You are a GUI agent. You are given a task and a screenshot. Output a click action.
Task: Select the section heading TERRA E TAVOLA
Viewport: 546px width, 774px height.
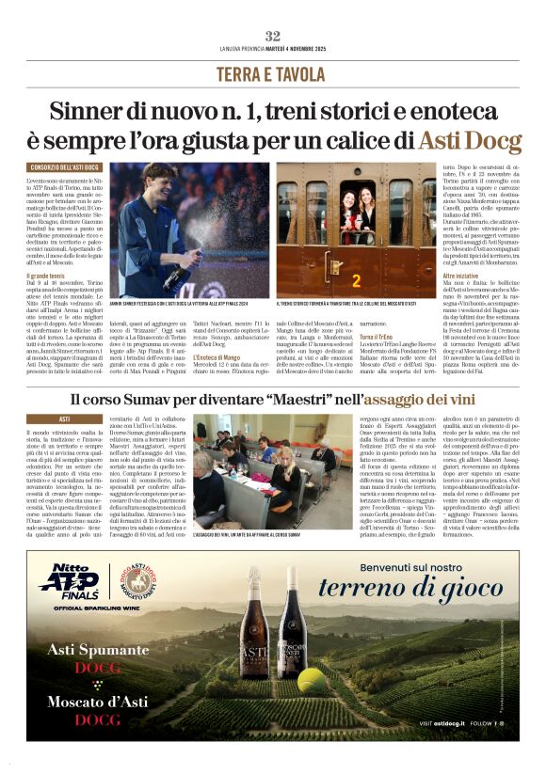coord(273,73)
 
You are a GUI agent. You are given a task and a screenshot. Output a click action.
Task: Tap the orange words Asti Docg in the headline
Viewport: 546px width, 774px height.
coord(469,142)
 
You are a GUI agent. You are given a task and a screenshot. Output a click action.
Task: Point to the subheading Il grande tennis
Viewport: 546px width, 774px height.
coord(47,275)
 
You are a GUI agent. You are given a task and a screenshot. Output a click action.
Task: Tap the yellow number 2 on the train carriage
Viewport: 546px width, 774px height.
coord(356,280)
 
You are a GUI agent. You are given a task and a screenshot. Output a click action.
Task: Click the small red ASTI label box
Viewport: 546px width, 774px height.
coord(64,419)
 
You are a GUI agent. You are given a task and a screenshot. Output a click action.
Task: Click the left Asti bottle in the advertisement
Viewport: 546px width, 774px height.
coord(253,648)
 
